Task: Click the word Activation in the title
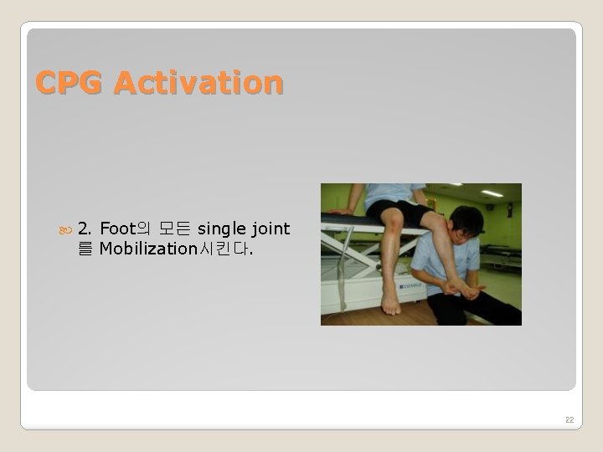click(x=198, y=83)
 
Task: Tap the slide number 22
click(x=569, y=419)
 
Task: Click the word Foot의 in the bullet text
click(x=125, y=229)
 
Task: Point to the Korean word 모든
click(x=174, y=229)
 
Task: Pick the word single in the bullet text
click(x=222, y=229)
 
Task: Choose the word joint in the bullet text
click(x=271, y=229)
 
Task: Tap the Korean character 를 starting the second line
click(x=85, y=249)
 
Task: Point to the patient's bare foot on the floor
click(x=390, y=302)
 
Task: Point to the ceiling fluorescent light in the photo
click(x=492, y=193)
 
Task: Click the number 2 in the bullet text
click(x=85, y=229)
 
